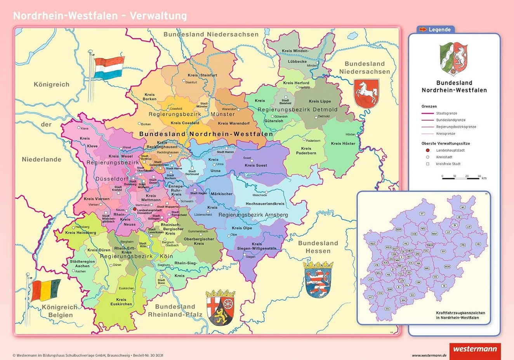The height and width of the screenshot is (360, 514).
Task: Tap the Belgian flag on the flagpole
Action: coord(45,290)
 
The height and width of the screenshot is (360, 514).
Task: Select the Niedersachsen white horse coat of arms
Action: coord(366,94)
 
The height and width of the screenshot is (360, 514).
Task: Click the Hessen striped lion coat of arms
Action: coord(318,279)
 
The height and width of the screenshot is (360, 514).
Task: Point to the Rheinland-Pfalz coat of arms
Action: coord(221,307)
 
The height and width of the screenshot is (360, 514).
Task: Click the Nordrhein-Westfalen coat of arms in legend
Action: coord(454,59)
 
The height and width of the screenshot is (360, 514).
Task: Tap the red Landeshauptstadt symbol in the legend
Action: coord(428,150)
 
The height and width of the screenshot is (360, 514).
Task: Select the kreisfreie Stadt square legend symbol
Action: coord(428,164)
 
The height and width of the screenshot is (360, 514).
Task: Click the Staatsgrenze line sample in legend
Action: coord(427,113)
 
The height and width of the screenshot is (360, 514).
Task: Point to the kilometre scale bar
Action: coord(461,178)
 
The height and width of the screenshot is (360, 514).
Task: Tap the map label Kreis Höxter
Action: coord(343,143)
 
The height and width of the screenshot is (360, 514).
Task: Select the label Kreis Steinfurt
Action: coord(202,75)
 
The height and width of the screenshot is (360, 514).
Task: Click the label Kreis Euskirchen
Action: coord(121,302)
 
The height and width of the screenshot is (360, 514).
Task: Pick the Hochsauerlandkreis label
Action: coord(265,203)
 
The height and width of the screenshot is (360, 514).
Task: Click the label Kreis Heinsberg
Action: coord(80,233)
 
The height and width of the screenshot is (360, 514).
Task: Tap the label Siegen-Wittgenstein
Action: coord(256,247)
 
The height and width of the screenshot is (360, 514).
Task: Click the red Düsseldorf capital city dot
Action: coord(135,209)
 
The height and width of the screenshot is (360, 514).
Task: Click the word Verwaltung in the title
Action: coord(158,16)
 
